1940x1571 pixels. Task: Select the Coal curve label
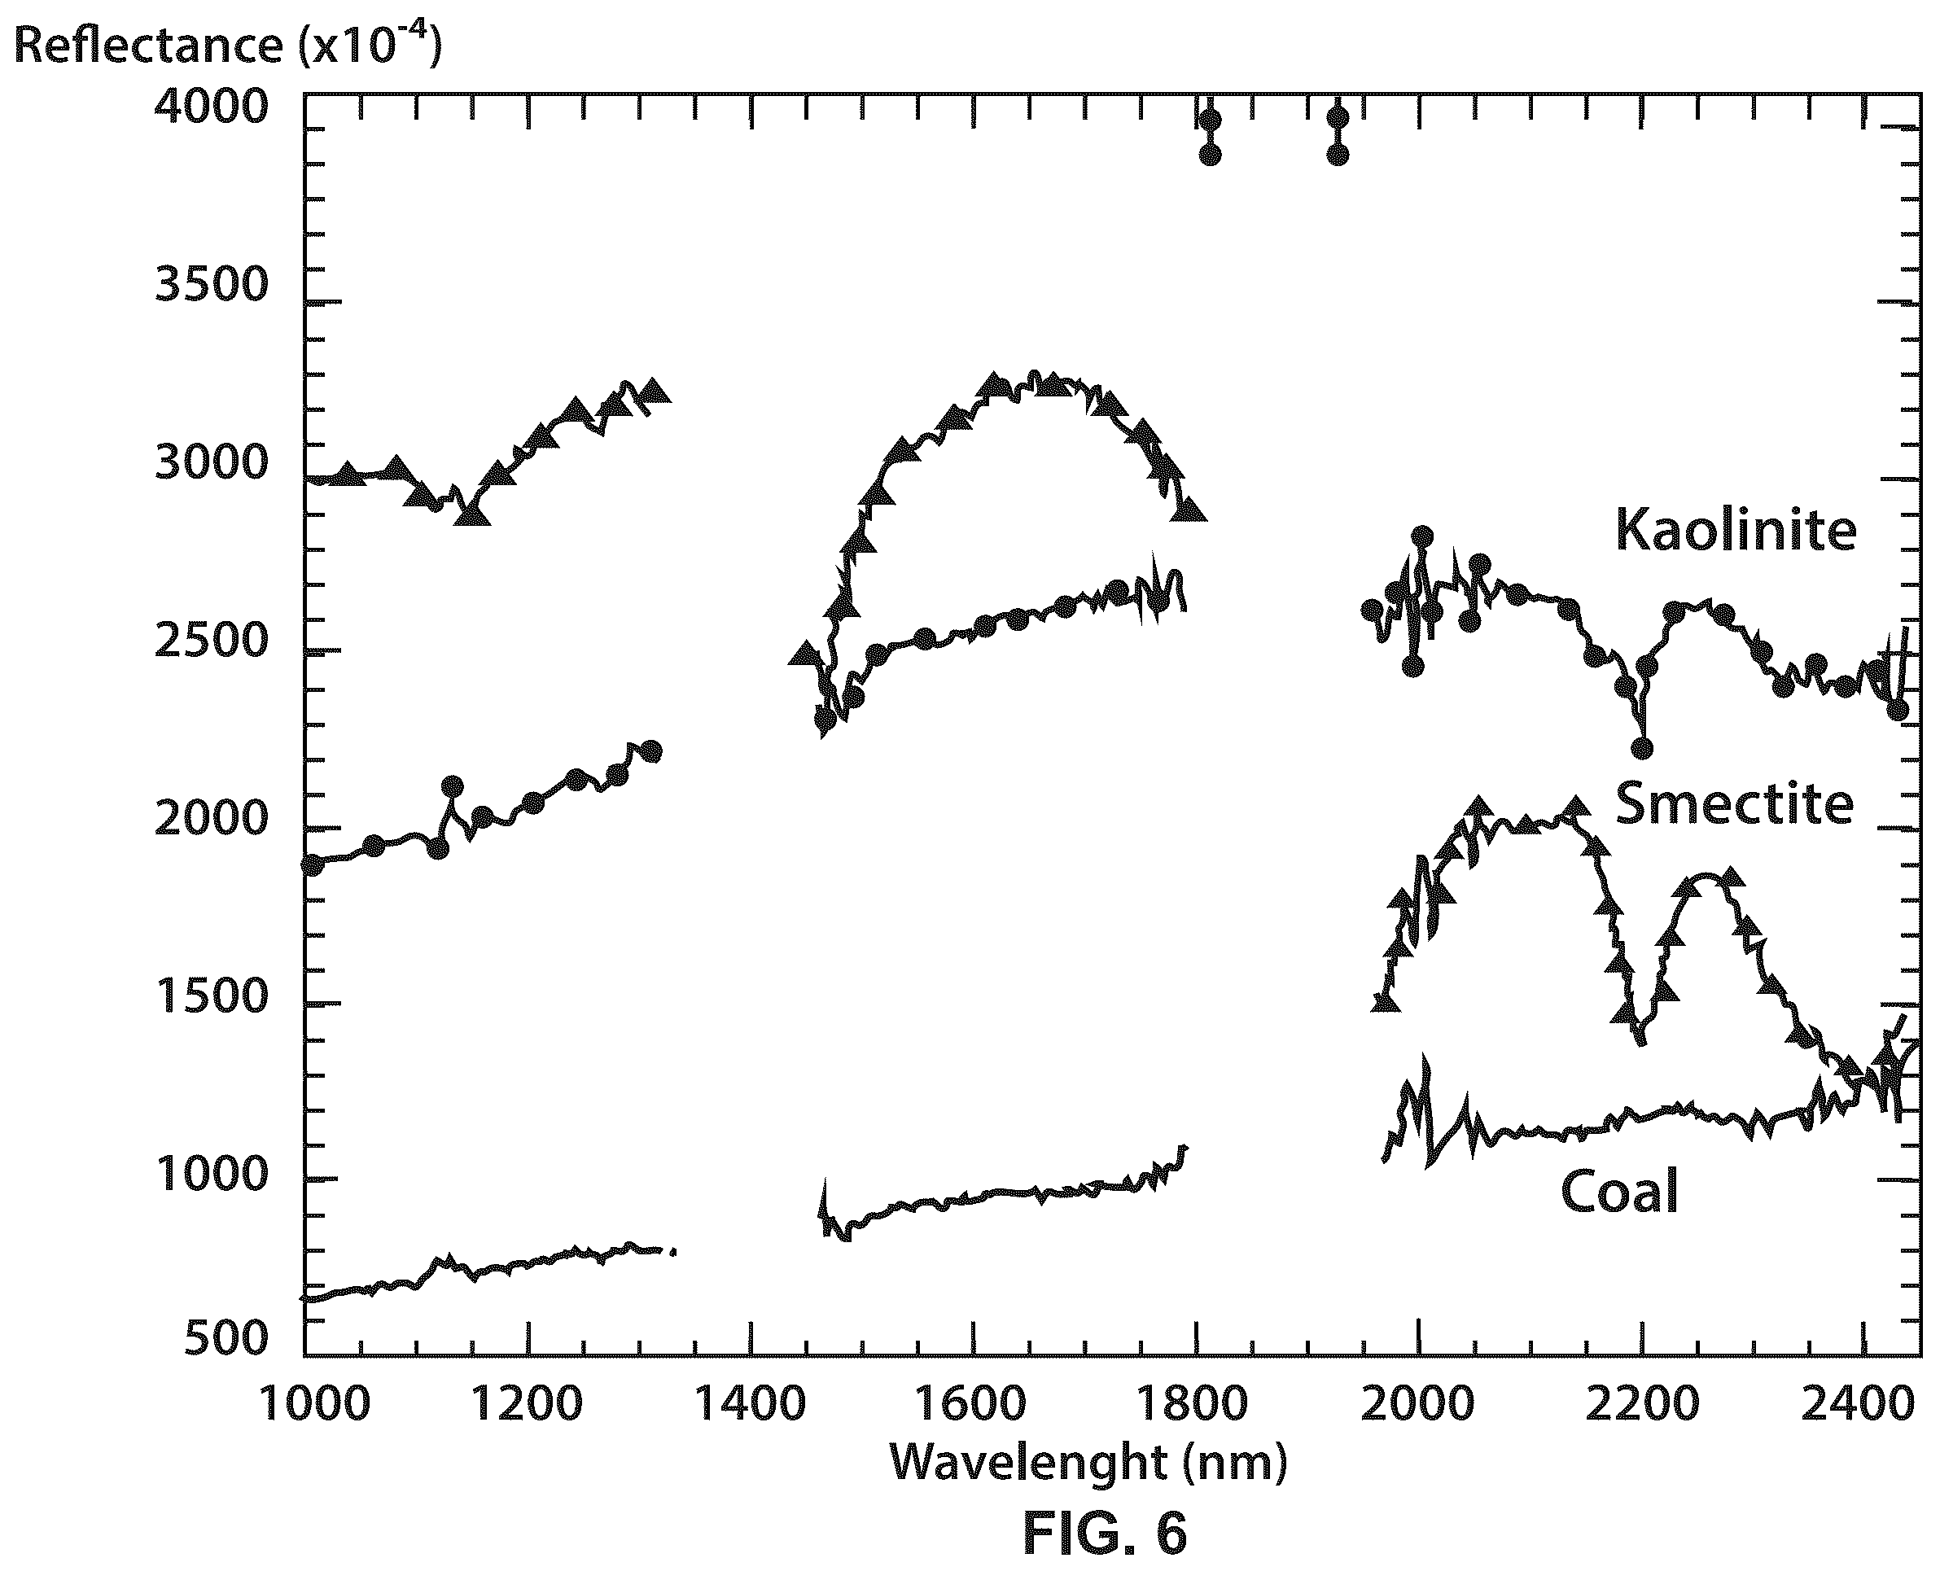tap(1620, 1191)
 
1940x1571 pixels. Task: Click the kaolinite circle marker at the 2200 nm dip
tap(1641, 748)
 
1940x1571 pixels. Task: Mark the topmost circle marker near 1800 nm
tap(1210, 120)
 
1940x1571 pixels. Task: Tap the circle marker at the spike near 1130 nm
tap(453, 785)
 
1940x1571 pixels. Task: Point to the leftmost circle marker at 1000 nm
tap(312, 865)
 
